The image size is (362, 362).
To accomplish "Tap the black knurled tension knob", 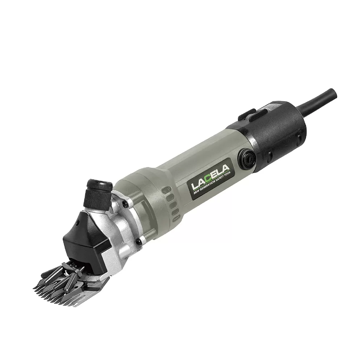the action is (99, 191).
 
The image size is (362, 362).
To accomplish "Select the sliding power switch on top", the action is (251, 114).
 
